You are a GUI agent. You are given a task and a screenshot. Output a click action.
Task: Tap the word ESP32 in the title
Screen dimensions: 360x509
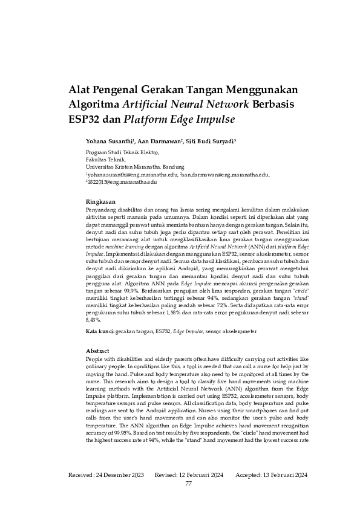(88, 118)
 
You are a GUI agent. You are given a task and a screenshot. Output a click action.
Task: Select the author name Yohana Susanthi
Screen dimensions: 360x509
(110, 140)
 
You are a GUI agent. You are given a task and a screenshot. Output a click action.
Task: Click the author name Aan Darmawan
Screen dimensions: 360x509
(161, 140)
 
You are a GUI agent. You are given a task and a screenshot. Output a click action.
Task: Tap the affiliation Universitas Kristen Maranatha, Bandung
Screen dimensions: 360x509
(136, 167)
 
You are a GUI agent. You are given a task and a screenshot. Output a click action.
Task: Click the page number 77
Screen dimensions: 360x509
(189, 484)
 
